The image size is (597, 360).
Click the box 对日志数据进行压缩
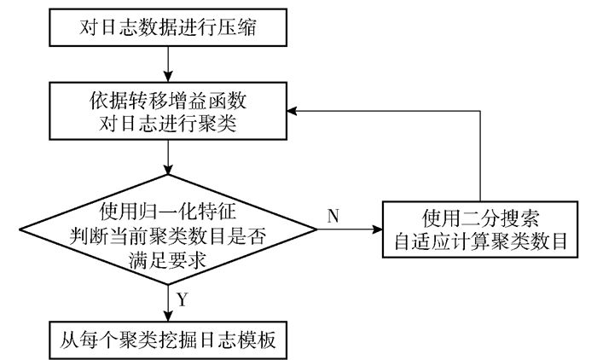168,27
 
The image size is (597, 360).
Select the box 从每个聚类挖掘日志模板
168,340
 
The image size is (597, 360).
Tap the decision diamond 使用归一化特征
168,229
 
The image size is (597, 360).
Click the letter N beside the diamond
333,216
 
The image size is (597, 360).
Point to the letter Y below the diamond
183,299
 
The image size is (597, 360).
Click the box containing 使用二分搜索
480,229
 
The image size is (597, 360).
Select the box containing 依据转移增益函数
168,111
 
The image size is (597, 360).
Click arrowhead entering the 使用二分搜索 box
377,229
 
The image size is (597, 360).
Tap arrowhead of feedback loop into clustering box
292,111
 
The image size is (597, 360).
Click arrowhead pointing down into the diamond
168,170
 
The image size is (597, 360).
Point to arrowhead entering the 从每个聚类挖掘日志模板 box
168,316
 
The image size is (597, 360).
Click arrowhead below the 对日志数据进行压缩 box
168,77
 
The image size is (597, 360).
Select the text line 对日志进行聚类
168,124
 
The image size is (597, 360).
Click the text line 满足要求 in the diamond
167,260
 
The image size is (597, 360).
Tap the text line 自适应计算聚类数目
480,241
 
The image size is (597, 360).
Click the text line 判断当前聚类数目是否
167,236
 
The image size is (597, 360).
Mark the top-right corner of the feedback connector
480,111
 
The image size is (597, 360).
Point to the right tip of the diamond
316,229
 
